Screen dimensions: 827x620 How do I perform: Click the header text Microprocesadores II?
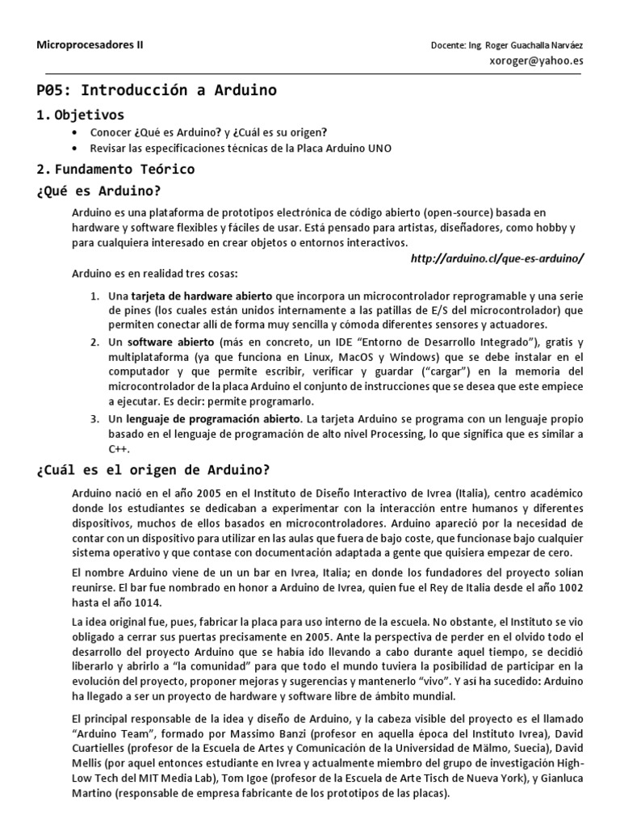click(x=90, y=45)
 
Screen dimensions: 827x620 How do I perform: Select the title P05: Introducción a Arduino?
click(x=157, y=90)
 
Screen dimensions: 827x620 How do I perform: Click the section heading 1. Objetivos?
click(x=81, y=115)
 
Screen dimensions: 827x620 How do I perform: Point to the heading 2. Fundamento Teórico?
click(x=115, y=170)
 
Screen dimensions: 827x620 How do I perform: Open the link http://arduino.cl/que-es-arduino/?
click(x=496, y=258)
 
